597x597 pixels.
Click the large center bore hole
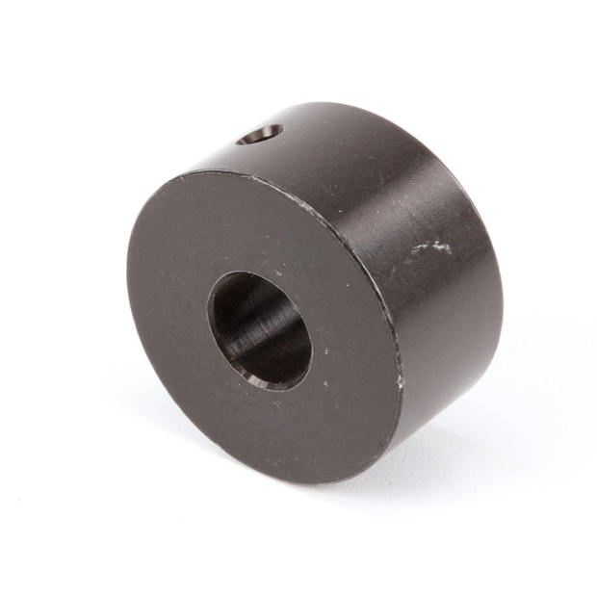[261, 330]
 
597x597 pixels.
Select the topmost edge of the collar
[327, 103]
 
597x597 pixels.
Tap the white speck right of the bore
[324, 384]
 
